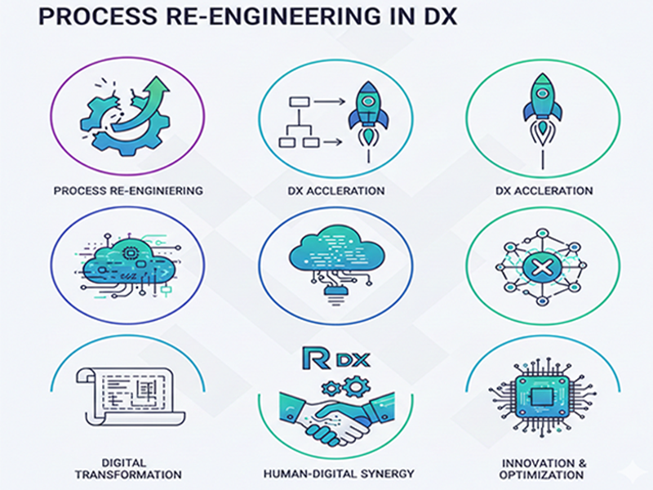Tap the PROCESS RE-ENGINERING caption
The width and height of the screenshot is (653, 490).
(127, 190)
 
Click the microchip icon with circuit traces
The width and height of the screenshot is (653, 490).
(541, 396)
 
